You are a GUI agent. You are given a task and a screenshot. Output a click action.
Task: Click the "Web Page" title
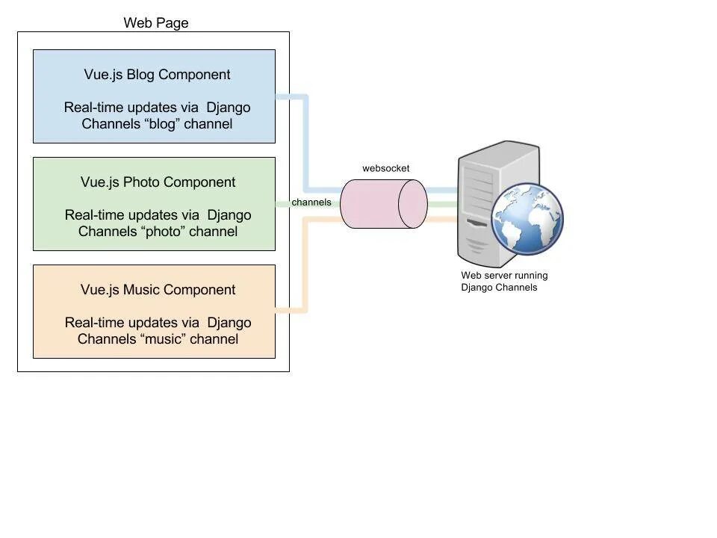[156, 23]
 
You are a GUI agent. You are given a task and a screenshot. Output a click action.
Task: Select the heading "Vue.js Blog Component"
[157, 75]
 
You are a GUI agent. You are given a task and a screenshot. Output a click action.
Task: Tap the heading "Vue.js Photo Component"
[158, 182]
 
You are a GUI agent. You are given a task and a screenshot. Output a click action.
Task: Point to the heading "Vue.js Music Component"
[158, 290]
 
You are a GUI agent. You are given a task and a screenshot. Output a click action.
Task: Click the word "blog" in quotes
[162, 124]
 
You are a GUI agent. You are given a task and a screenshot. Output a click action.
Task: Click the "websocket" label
[386, 168]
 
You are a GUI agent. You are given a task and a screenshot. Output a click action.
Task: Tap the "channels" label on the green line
[311, 202]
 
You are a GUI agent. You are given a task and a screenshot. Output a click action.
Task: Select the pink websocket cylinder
[384, 204]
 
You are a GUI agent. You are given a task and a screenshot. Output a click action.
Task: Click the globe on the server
[527, 219]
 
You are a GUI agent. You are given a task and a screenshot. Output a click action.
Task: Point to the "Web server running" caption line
[504, 276]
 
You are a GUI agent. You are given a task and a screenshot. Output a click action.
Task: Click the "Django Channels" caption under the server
[499, 287]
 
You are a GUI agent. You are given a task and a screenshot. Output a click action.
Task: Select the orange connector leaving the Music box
[306, 265]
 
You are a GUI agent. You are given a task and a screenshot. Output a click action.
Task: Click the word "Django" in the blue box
[229, 108]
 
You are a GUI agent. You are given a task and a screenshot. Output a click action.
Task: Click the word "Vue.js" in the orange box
[100, 290]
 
